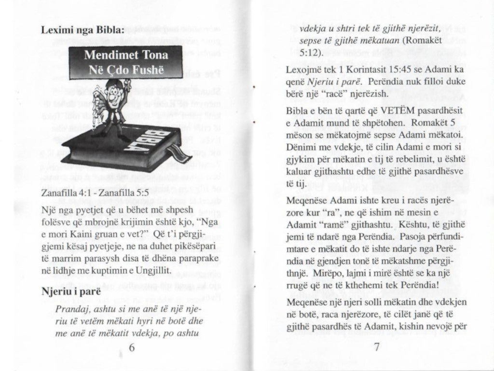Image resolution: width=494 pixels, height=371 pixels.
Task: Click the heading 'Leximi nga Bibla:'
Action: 83,30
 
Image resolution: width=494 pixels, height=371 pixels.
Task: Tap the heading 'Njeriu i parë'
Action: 71,292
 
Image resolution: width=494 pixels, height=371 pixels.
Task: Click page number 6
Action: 131,347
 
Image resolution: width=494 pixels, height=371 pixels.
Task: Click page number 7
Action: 377,347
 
